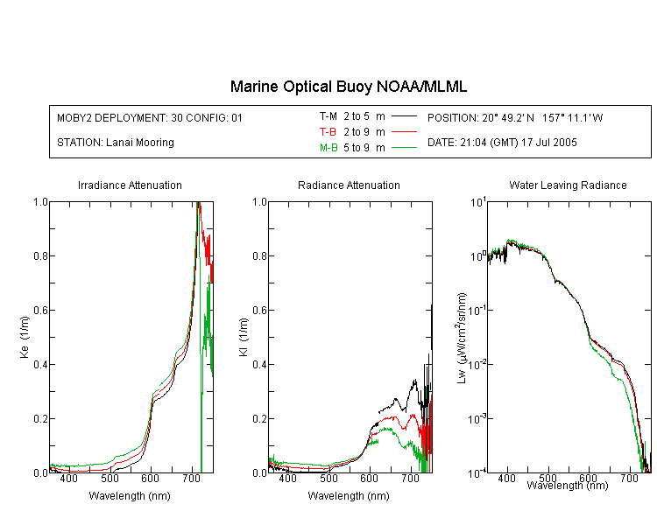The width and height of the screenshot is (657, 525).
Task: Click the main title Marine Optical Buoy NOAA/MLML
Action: (x=348, y=87)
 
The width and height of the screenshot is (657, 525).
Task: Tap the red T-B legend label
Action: (x=328, y=132)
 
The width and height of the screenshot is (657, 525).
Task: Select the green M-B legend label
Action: (x=328, y=148)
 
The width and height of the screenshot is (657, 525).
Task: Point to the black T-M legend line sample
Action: (x=404, y=116)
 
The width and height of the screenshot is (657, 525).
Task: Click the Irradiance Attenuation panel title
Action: (x=130, y=185)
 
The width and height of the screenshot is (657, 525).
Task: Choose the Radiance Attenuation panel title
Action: (x=349, y=185)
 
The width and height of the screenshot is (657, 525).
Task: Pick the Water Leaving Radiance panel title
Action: (x=568, y=185)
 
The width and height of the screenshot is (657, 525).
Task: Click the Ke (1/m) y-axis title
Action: (x=25, y=338)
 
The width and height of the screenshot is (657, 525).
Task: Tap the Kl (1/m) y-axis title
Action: (x=244, y=338)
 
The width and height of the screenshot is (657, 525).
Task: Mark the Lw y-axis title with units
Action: (x=462, y=338)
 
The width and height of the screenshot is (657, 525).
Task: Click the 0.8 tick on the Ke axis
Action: (x=40, y=255)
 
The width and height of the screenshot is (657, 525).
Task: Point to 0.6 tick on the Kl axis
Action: (x=259, y=311)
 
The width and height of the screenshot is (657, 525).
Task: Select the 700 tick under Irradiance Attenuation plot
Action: (x=191, y=479)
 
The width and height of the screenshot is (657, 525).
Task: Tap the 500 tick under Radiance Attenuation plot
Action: (x=328, y=479)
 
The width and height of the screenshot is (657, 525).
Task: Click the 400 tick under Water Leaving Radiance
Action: (x=506, y=479)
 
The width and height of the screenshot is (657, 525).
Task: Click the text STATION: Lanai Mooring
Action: (x=116, y=143)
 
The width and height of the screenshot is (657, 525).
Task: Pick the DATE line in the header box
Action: (x=502, y=143)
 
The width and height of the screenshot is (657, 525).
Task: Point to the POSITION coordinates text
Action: (x=515, y=117)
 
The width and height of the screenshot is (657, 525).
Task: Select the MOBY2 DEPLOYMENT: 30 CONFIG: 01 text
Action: (x=150, y=117)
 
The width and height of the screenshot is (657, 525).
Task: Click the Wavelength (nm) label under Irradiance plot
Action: (x=130, y=496)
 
